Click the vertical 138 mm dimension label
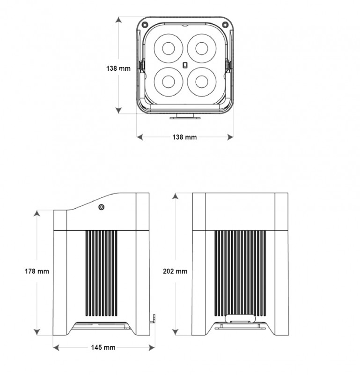118,68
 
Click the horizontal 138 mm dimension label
184,137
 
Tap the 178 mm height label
37,271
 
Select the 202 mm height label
175,271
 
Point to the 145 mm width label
103,347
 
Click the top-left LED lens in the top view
169,48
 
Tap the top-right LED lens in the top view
202,48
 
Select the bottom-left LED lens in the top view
169,82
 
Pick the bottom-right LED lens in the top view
202,82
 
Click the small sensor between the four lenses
185,65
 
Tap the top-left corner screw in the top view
144,24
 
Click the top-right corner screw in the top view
225,24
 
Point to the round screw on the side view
102,207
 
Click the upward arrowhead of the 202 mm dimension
175,196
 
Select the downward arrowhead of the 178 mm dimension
37,332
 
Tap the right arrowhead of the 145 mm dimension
152,347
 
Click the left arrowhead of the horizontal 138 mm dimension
140,137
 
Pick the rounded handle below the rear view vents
240,318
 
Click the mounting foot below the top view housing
185,116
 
